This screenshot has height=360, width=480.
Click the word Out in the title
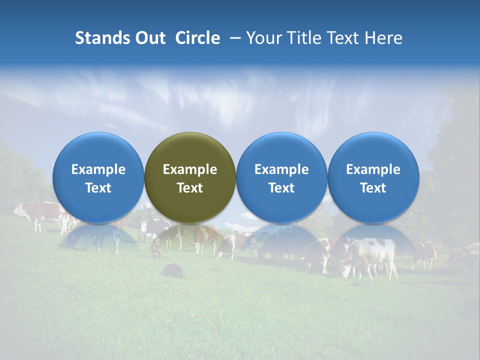pyautogui.click(x=149, y=38)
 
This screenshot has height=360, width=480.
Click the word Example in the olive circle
pyautogui.click(x=190, y=169)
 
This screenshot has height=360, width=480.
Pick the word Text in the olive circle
pyautogui.click(x=190, y=188)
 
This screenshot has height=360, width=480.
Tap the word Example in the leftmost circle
pyautogui.click(x=98, y=169)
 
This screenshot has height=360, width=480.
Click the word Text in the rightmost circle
pyautogui.click(x=373, y=188)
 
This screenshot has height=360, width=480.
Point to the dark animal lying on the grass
pyautogui.click(x=172, y=270)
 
